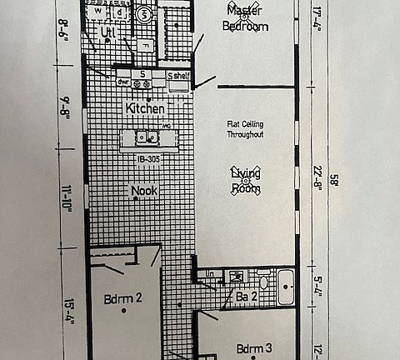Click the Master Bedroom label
click(246, 18)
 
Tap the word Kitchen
click(145, 109)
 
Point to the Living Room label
click(246, 181)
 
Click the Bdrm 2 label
click(123, 298)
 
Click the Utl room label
click(107, 32)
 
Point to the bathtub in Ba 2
click(286, 287)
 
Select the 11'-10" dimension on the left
click(66, 200)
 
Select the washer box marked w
click(99, 12)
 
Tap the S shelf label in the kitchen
click(178, 77)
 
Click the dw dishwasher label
click(122, 82)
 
